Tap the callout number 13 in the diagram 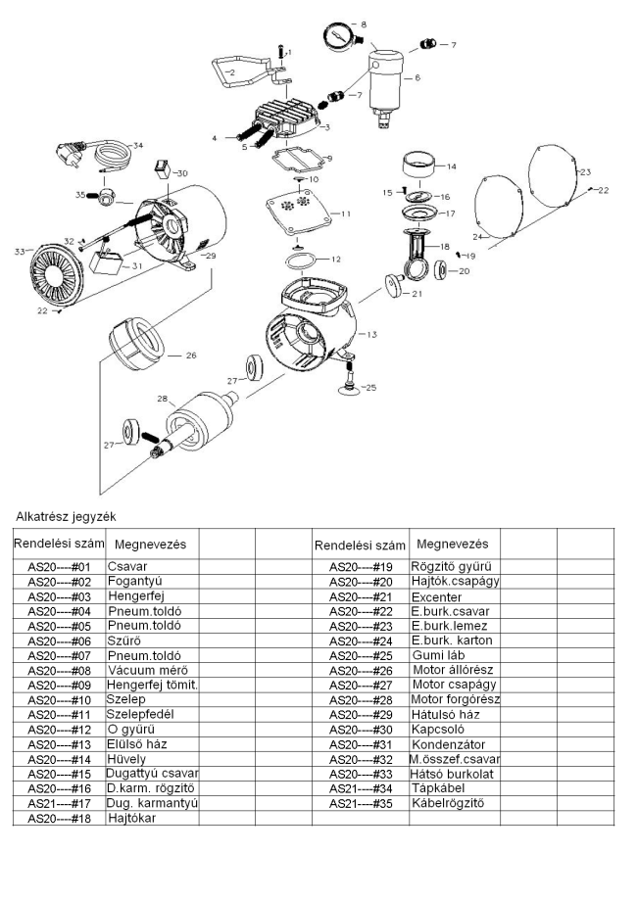click(371, 334)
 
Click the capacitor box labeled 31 click(106, 263)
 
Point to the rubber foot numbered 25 click(349, 379)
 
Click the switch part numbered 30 click(162, 168)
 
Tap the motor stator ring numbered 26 click(137, 349)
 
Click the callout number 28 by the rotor click(162, 399)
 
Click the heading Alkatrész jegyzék click(66, 516)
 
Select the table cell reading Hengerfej click(135, 596)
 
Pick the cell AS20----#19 click(361, 567)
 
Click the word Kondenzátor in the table click(448, 744)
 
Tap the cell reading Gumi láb click(438, 655)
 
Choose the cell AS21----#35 click(361, 803)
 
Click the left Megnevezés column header click(151, 545)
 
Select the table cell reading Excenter click(436, 597)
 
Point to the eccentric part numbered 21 click(394, 285)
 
